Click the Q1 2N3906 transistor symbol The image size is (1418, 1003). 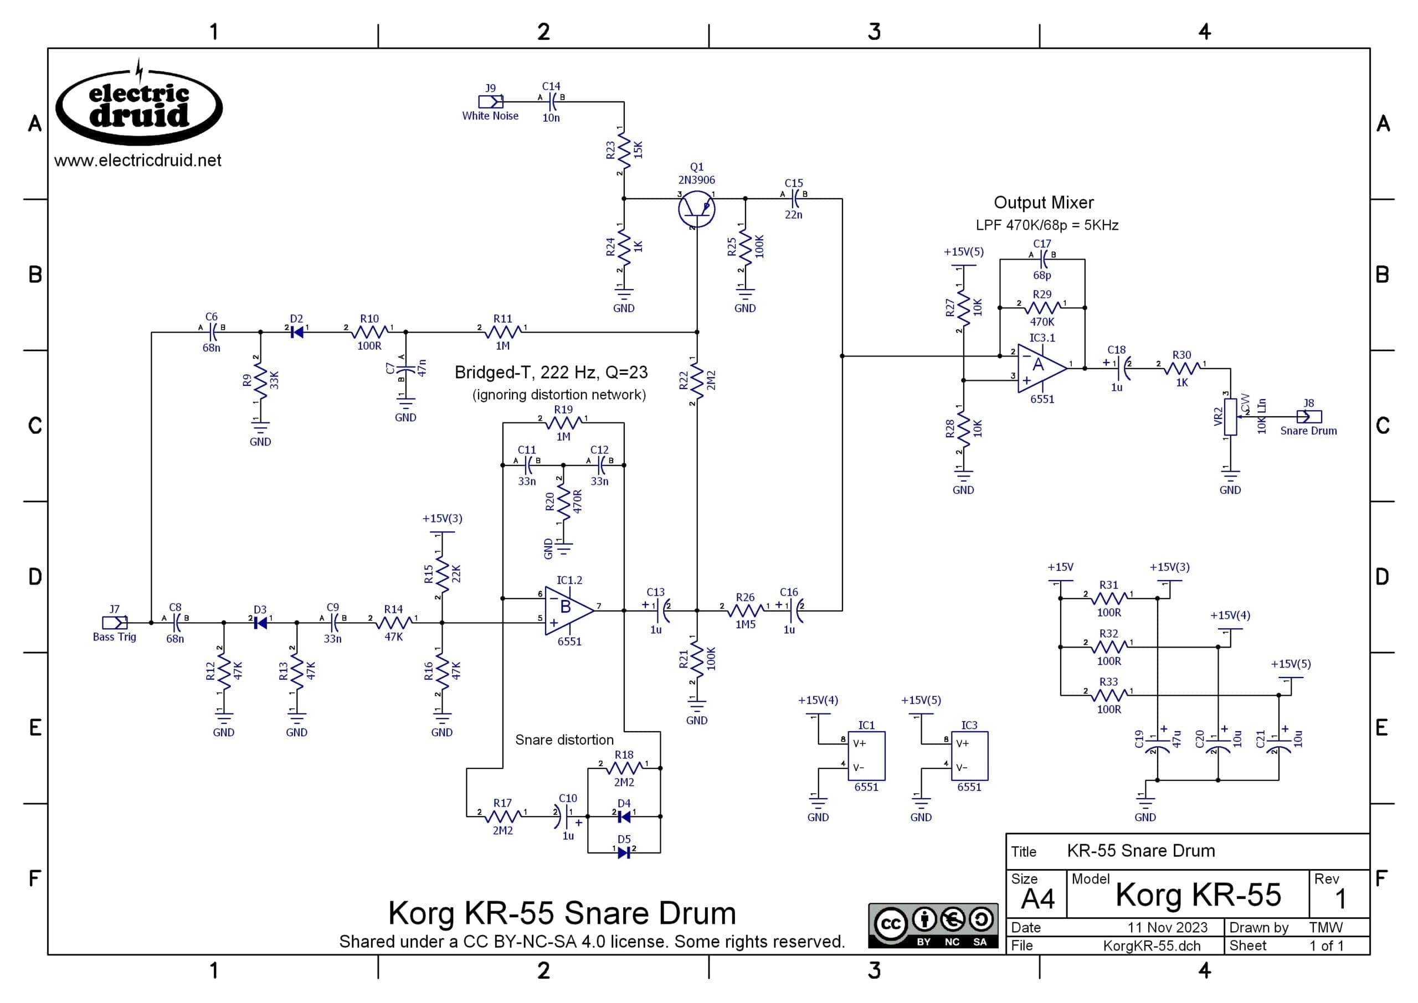pyautogui.click(x=696, y=209)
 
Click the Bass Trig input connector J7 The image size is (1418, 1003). pyautogui.click(x=115, y=623)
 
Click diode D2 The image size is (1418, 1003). pyautogui.click(x=296, y=332)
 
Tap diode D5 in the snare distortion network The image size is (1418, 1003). pyautogui.click(x=624, y=853)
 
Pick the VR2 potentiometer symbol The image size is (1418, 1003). pyautogui.click(x=1230, y=417)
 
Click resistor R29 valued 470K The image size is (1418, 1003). pyautogui.click(x=1042, y=308)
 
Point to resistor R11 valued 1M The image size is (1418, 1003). pyautogui.click(x=503, y=332)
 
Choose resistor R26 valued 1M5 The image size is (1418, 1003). pyautogui.click(x=745, y=611)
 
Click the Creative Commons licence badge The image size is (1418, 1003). pyautogui.click(x=932, y=925)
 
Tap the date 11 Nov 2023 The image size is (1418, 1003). pyautogui.click(x=1167, y=927)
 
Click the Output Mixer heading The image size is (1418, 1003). pyautogui.click(x=1044, y=203)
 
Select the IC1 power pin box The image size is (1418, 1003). pyautogui.click(x=866, y=756)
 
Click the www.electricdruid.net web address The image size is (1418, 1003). pyautogui.click(x=138, y=161)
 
